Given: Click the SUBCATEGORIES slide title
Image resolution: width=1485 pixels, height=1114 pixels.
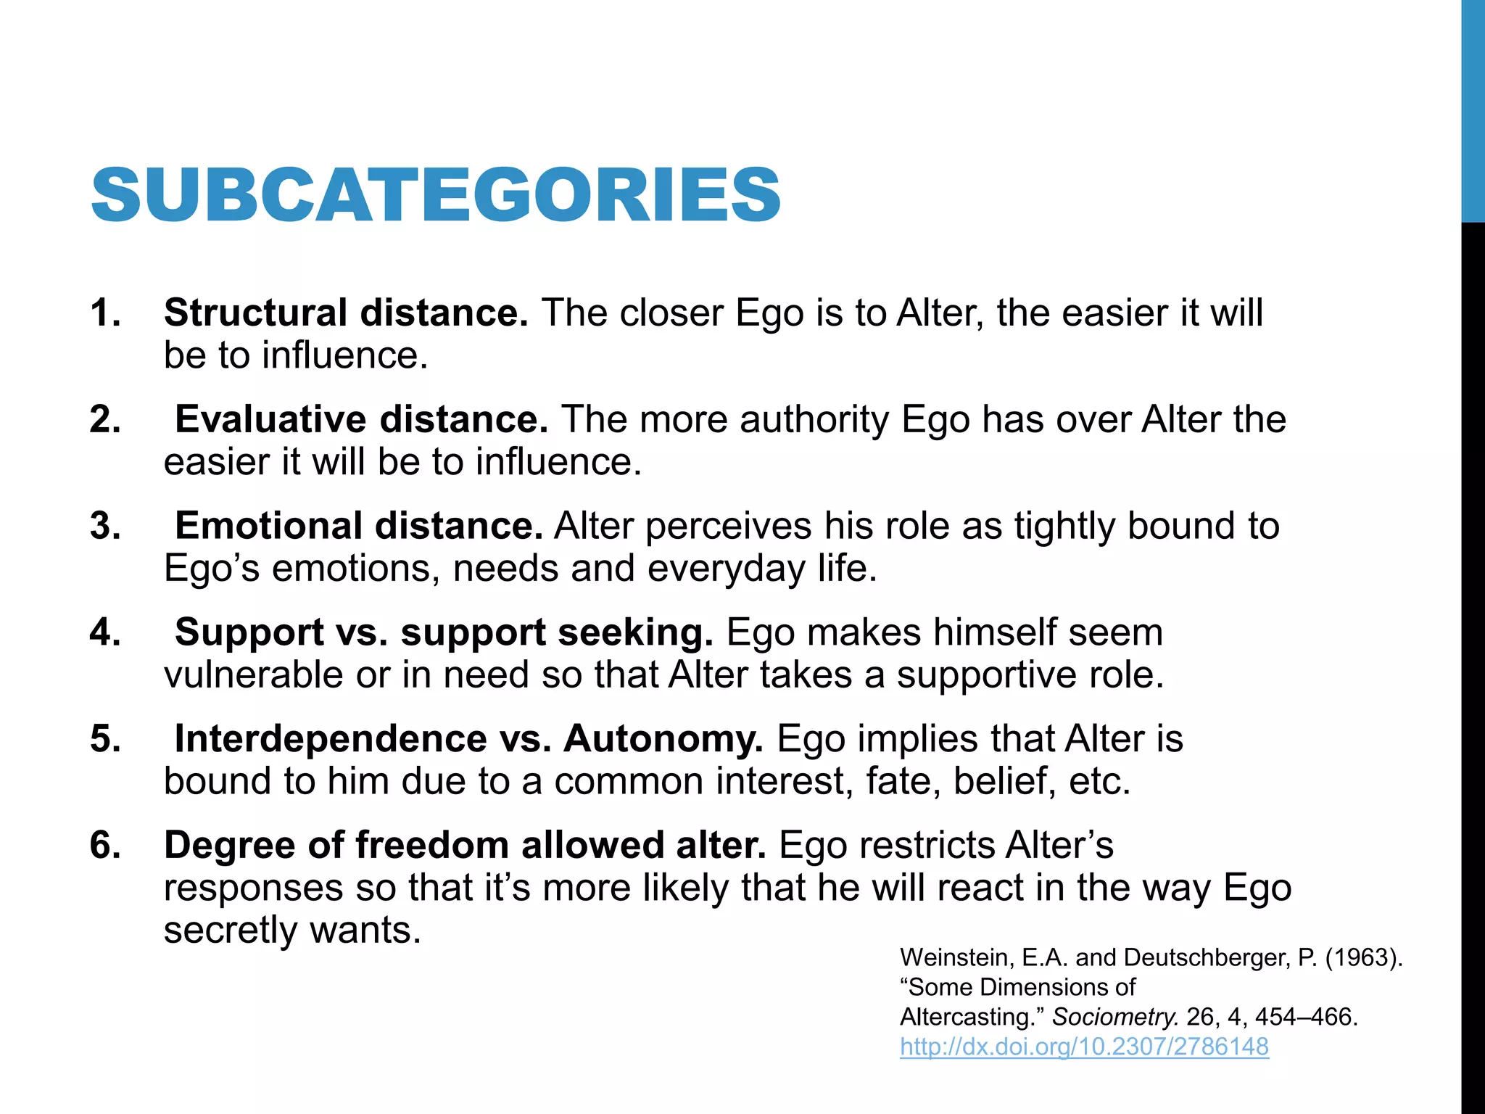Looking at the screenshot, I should (x=436, y=194).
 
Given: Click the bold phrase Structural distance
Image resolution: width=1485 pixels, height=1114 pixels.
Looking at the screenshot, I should (x=346, y=313).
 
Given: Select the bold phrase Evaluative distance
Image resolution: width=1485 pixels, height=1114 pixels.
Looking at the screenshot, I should (x=361, y=419).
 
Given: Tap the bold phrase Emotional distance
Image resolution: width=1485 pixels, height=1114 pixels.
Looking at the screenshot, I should (x=359, y=526).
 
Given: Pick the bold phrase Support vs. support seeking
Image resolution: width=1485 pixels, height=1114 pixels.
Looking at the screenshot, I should (x=444, y=632).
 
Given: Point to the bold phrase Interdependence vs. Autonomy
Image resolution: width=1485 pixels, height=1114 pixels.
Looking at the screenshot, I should (x=468, y=739).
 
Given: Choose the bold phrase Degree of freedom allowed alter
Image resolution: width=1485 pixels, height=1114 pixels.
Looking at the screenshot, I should (x=465, y=846).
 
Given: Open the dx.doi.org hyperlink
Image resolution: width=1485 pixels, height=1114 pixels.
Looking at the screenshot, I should (x=1084, y=1047).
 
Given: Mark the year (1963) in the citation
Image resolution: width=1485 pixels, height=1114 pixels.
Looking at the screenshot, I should (x=1363, y=957).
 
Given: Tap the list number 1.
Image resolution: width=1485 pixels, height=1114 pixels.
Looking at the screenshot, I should (x=105, y=313).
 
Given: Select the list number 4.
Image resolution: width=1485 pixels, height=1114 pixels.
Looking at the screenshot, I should (x=105, y=632).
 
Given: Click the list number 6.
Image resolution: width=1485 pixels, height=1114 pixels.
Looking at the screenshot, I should (x=105, y=846).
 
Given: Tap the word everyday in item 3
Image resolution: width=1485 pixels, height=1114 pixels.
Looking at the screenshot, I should (x=726, y=569).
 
